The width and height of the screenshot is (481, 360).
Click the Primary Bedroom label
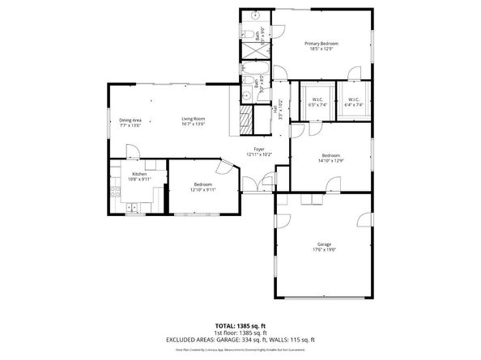321,46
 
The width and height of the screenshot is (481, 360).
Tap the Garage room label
324,247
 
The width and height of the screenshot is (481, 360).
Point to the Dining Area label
130,122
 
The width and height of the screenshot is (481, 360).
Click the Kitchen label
139,177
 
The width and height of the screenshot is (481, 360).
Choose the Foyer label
259,151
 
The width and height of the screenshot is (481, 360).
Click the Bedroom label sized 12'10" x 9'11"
203,187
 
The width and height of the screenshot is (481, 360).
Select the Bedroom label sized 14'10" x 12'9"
330,158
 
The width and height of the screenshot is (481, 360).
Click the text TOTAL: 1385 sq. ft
240,324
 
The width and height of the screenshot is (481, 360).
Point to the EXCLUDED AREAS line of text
240,339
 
